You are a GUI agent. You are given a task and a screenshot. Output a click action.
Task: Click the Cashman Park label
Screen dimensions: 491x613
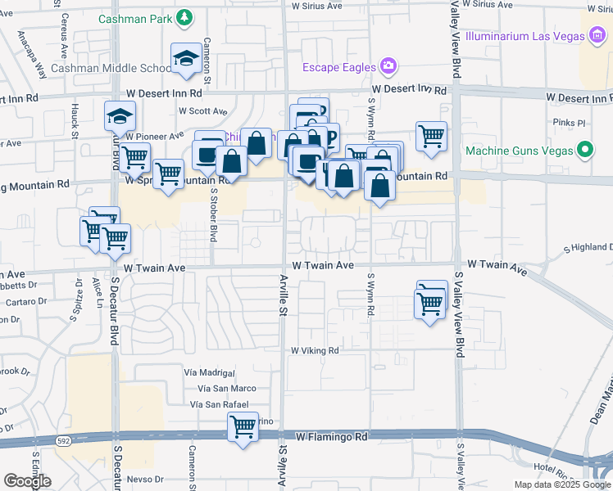[136, 18]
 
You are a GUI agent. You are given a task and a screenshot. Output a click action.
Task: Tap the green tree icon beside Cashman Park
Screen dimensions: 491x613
[186, 18]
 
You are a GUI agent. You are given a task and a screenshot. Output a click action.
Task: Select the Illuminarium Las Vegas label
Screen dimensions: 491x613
[524, 37]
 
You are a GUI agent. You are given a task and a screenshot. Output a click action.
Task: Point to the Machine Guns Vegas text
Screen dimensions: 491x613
[518, 151]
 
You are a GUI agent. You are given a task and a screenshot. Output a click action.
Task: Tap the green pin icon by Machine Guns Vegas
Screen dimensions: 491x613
[584, 151]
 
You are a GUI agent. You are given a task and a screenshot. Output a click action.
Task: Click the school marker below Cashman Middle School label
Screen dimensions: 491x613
[185, 59]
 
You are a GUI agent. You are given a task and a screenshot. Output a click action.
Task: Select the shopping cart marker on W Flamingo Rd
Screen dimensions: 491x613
[243, 426]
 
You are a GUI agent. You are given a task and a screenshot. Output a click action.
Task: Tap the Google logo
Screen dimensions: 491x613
[26, 481]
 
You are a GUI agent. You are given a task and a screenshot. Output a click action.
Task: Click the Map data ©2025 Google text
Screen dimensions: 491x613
[562, 484]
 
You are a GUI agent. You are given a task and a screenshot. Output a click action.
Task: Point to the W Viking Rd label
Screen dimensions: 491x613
[316, 350]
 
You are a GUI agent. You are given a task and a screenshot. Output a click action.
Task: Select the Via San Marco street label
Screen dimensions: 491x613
[225, 388]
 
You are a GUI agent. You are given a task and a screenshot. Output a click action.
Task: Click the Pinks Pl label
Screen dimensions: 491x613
[570, 124]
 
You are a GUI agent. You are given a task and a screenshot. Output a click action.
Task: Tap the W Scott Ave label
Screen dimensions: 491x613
[202, 111]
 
